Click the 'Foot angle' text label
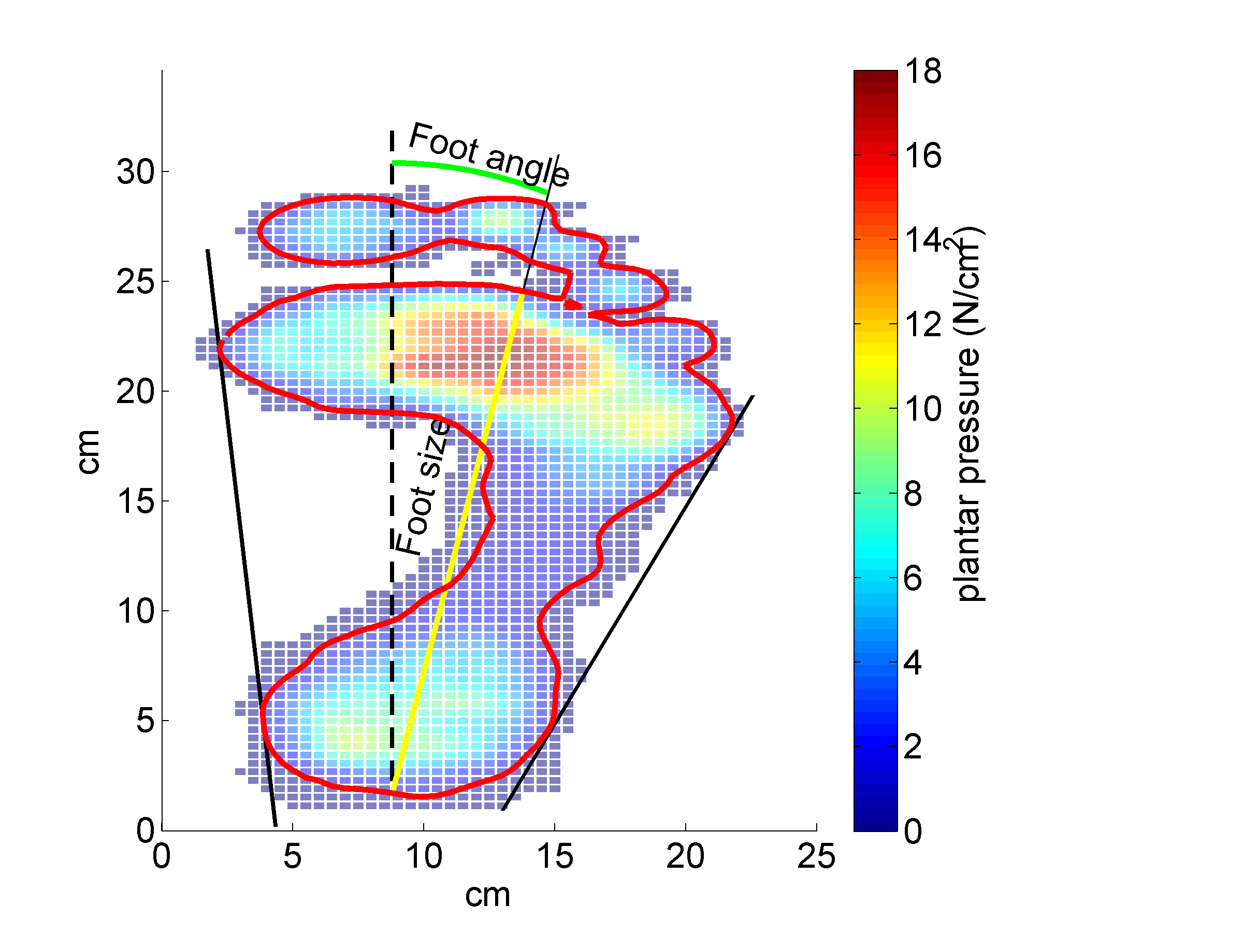click(488, 154)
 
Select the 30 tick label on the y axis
click(136, 171)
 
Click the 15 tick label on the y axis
click(136, 500)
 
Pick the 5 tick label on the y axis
click(145, 721)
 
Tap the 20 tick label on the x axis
click(685, 857)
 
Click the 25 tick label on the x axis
click(816, 857)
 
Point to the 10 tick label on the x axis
click(424, 857)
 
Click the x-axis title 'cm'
click(487, 895)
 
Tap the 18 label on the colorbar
click(923, 71)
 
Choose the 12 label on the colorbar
click(923, 324)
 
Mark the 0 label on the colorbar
click(913, 831)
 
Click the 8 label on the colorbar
click(913, 494)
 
